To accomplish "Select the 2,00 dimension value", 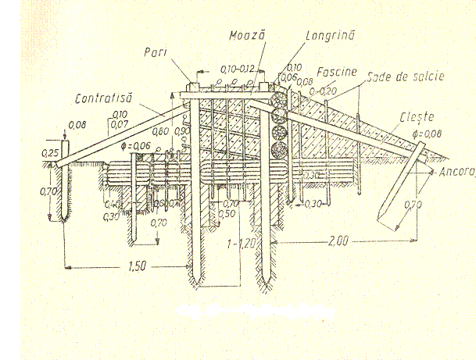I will click(x=337, y=242).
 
